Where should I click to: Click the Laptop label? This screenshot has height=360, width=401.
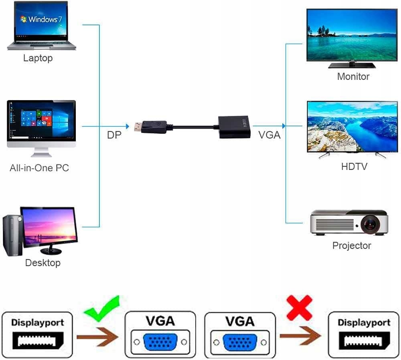tap(38, 58)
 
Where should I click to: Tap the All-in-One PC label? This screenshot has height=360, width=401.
tap(39, 168)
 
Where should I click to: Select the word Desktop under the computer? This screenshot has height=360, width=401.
tap(43, 263)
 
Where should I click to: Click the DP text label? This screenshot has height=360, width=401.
tap(114, 136)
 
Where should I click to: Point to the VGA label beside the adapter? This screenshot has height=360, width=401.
tap(269, 136)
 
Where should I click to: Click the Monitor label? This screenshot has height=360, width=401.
tap(353, 77)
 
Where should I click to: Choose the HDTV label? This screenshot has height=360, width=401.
tap(354, 166)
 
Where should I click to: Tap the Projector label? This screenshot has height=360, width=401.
tap(352, 245)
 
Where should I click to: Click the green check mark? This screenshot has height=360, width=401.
tap(103, 309)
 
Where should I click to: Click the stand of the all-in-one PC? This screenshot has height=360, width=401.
tap(41, 152)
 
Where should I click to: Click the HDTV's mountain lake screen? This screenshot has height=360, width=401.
tap(352, 126)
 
